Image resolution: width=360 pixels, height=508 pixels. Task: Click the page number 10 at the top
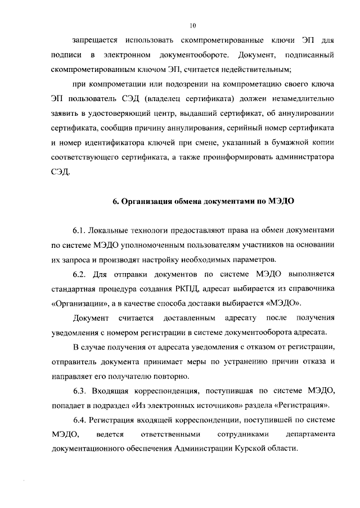(x=193, y=25)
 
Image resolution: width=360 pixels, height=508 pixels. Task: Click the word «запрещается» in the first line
(x=95, y=40)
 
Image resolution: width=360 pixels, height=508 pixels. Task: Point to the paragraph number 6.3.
(x=81, y=391)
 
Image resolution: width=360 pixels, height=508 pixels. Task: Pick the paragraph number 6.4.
(x=81, y=420)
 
